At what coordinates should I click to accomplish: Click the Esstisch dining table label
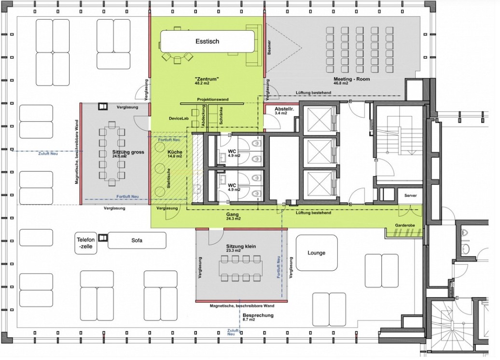(x=207, y=41)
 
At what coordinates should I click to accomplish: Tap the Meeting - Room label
(x=352, y=79)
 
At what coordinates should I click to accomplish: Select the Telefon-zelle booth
(x=86, y=244)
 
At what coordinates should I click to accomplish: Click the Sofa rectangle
(x=137, y=240)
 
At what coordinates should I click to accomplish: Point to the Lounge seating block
(x=317, y=252)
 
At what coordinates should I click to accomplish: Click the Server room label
(x=410, y=195)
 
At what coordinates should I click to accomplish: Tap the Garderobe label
(x=405, y=225)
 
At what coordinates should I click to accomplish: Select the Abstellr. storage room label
(x=284, y=109)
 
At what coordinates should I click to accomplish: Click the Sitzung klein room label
(x=241, y=247)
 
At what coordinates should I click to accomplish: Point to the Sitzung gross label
(x=128, y=152)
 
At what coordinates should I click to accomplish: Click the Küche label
(x=175, y=152)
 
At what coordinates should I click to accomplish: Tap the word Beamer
(x=269, y=47)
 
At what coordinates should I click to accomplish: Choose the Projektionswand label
(x=213, y=99)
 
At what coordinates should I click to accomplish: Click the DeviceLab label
(x=179, y=118)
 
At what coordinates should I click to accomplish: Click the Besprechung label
(x=258, y=315)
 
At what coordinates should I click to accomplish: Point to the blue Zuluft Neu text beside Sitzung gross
(x=48, y=153)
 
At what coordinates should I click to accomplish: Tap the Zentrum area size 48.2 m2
(x=202, y=83)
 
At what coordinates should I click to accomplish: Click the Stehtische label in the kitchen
(x=168, y=178)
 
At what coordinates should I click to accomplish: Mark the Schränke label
(x=221, y=115)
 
